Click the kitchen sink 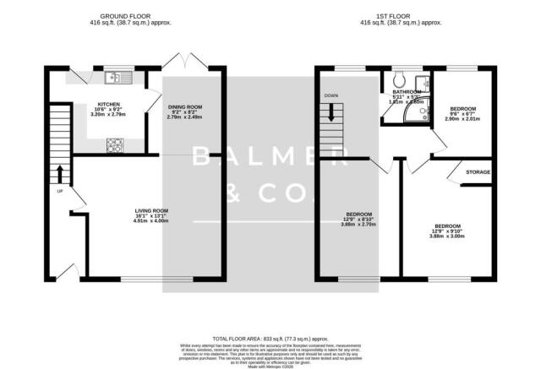point(116,79)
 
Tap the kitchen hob point(112,144)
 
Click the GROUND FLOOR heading point(135,16)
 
